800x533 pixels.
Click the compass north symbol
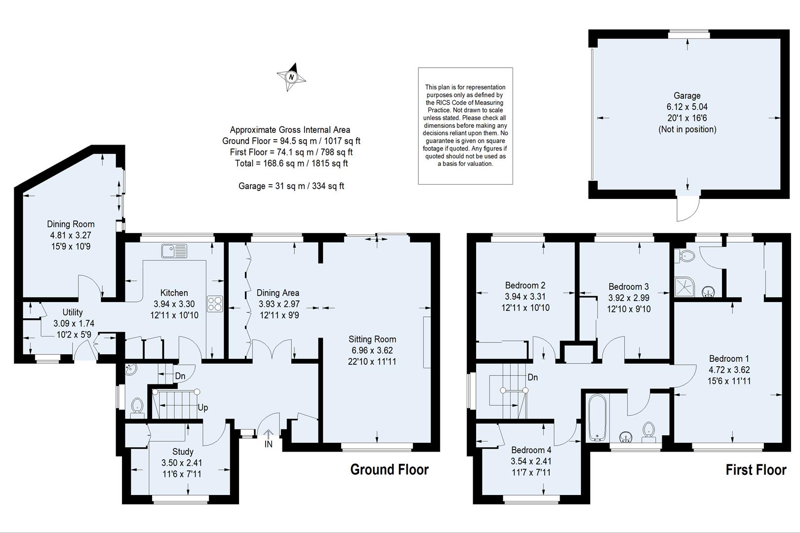click(x=291, y=77)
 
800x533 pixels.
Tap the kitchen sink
click(x=174, y=251)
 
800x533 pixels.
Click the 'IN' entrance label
click(x=268, y=444)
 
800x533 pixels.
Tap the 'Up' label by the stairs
click(x=202, y=408)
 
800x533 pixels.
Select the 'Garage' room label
click(x=687, y=96)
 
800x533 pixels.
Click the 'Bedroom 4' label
click(x=531, y=450)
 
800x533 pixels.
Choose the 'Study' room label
click(x=183, y=452)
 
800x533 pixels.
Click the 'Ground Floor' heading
click(x=389, y=469)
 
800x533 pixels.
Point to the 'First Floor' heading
click(x=756, y=470)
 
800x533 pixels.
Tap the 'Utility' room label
click(x=73, y=312)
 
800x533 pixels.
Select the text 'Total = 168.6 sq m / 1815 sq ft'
click(x=291, y=163)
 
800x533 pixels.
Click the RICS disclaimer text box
click(x=465, y=126)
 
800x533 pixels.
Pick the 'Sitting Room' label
click(x=372, y=339)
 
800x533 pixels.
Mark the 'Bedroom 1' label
click(x=729, y=359)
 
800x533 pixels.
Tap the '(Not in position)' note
click(x=687, y=129)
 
